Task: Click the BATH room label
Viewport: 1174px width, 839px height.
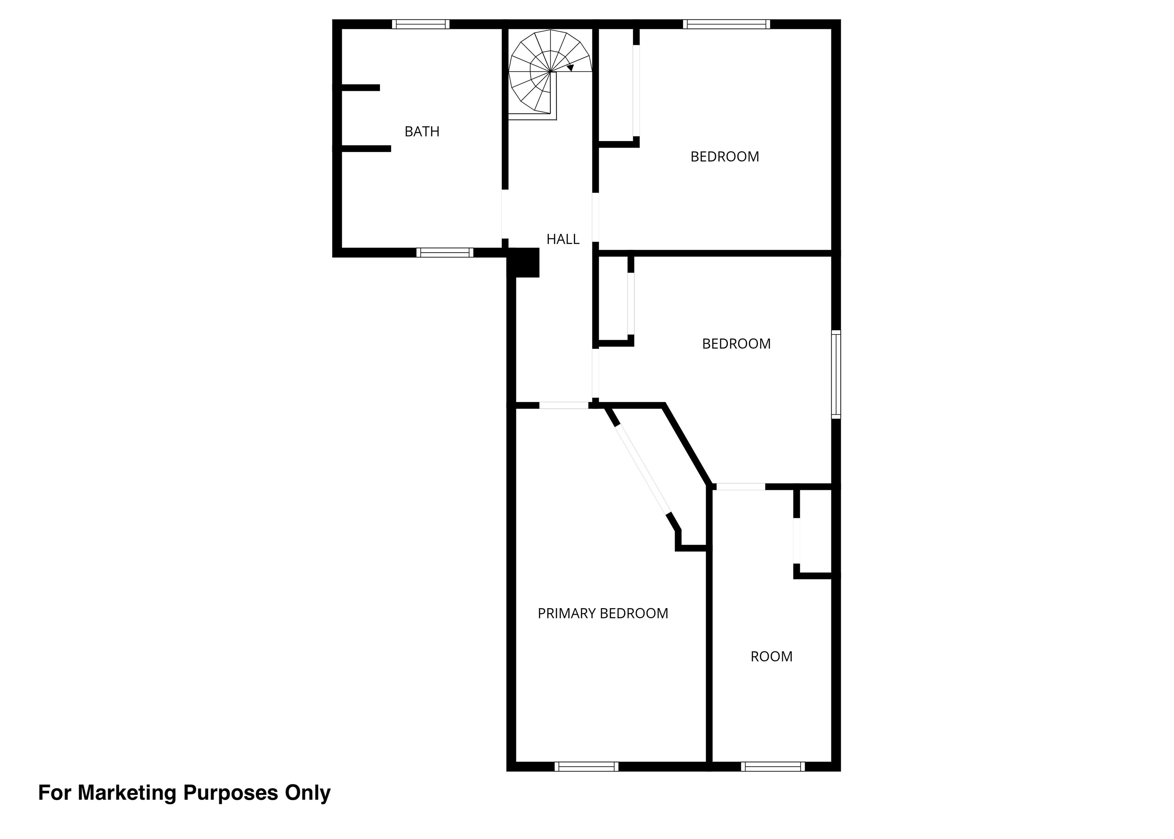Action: [x=422, y=132]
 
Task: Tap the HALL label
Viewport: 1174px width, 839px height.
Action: [x=563, y=239]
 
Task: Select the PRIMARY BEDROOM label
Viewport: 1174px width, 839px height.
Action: [x=603, y=613]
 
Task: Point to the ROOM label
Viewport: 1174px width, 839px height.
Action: [x=771, y=657]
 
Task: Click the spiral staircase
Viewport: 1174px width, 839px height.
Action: [x=550, y=75]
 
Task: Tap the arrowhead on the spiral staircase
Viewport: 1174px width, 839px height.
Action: [x=570, y=68]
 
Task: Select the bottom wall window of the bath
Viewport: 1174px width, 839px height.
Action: [x=445, y=253]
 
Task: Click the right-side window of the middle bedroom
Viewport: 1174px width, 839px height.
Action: [x=836, y=374]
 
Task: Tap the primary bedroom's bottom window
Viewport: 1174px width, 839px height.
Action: [x=586, y=767]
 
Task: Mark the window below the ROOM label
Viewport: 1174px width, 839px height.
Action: [x=773, y=767]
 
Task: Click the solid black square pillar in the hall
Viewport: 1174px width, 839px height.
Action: [x=524, y=263]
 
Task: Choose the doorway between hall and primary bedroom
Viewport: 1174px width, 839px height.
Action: [x=564, y=406]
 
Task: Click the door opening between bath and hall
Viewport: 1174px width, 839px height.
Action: [x=504, y=214]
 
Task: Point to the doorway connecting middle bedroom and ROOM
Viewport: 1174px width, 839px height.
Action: [x=740, y=487]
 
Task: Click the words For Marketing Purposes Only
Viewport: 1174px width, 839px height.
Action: [x=184, y=793]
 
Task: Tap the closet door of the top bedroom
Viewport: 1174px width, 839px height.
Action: [x=636, y=91]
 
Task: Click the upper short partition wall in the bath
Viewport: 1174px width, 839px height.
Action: [x=360, y=88]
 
